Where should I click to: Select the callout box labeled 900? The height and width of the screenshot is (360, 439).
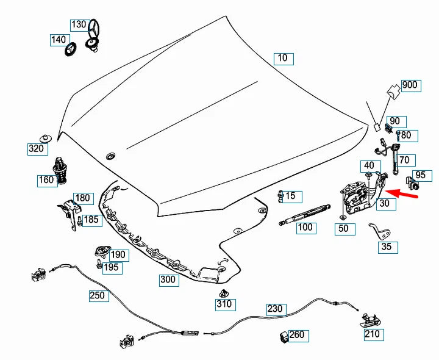pos(409,85)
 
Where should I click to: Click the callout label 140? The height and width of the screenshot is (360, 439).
pos(59,40)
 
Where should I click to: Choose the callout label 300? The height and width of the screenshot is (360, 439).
pos(168,280)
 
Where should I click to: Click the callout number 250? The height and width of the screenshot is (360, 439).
pos(97,296)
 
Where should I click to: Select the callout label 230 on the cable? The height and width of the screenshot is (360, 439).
pos(275,309)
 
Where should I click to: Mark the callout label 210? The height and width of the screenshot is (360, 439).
pos(372,334)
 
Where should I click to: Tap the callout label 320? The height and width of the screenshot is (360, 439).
pos(36,148)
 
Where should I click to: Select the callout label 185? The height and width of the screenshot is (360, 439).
pos(91,220)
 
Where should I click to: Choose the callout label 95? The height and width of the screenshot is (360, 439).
pos(420,176)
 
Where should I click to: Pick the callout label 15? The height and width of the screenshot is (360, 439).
pos(290,196)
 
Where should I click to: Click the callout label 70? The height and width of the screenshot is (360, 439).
pos(407,160)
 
